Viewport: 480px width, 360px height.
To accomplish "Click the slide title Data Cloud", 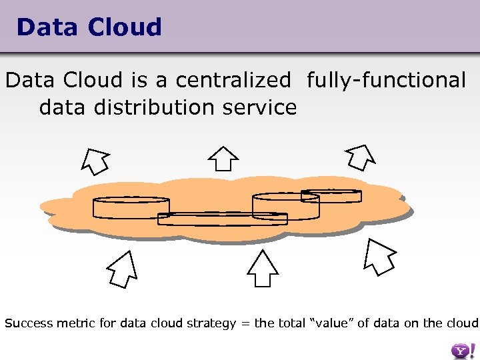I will coord(89,27).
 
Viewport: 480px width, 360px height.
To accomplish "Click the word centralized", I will coord(233,80).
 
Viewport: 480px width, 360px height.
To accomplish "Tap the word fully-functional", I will coord(386,80).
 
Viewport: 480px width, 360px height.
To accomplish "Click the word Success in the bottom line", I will coord(29,323).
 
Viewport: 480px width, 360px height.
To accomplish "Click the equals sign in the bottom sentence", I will coord(245,324).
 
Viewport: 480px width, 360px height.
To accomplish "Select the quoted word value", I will coord(333,323).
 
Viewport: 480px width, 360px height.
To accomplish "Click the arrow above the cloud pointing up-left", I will coord(95,160).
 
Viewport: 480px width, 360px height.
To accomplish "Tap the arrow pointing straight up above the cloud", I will coord(223,158).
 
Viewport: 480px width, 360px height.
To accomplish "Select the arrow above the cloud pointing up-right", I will coord(361,157).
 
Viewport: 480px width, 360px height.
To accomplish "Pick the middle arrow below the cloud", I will coord(262,270).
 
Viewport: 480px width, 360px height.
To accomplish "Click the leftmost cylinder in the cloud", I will coord(131,207).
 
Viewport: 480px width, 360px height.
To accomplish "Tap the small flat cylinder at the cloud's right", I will coord(331,196).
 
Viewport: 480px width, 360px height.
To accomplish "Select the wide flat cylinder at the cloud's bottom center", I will coord(222,219).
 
